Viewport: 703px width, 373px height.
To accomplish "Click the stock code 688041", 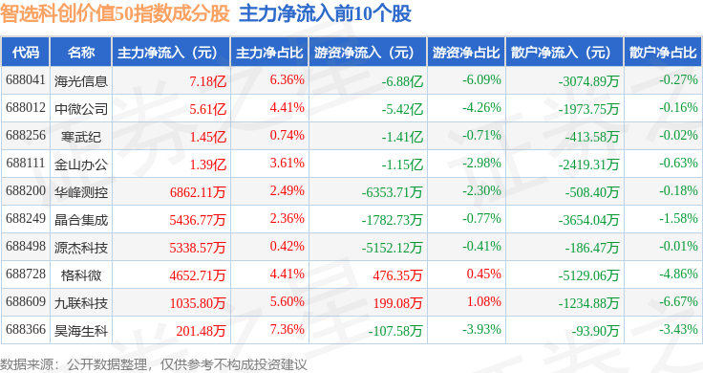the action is [x=26, y=80].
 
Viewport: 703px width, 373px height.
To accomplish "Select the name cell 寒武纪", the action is [x=81, y=137].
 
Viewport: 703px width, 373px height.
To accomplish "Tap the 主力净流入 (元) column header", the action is [x=167, y=53].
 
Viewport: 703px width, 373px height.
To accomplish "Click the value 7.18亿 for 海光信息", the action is [x=207, y=81].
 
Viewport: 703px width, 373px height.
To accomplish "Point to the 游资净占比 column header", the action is [x=466, y=53].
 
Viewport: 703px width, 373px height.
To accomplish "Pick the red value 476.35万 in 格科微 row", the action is [x=397, y=275].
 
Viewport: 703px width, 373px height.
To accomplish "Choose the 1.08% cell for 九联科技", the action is [x=483, y=301].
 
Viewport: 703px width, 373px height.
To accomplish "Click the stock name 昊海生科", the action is [x=81, y=331].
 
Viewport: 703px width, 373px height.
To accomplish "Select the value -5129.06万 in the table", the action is [x=588, y=275].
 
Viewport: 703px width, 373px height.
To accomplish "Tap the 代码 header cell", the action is [x=26, y=53].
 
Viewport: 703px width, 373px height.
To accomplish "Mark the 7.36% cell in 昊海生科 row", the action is [x=287, y=329].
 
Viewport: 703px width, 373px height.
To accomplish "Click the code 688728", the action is [x=26, y=274].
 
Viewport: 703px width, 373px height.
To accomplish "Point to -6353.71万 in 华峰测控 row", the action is [x=393, y=192].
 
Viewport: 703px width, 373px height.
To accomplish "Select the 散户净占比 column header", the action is [x=663, y=53].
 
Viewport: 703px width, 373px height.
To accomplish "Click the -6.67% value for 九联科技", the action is [x=678, y=301].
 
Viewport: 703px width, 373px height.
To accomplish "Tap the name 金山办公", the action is [x=81, y=165].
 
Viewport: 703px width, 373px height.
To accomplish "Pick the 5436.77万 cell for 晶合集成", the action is [x=198, y=220].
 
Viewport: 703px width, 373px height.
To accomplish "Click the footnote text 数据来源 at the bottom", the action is [x=28, y=364].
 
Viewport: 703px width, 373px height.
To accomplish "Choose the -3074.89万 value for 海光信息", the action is [x=588, y=81].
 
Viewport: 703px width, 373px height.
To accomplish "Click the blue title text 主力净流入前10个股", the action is [x=325, y=13].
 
